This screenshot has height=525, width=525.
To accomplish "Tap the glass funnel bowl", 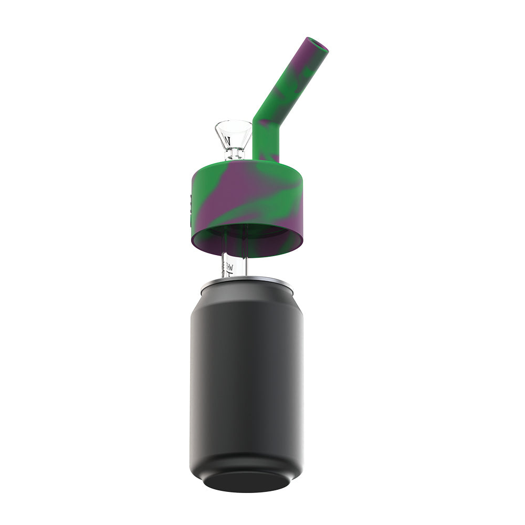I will (233, 134).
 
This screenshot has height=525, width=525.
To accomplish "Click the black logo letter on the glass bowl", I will (227, 141).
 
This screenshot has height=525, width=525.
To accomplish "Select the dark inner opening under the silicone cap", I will (247, 234).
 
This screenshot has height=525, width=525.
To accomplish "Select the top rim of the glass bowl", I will (233, 124).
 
